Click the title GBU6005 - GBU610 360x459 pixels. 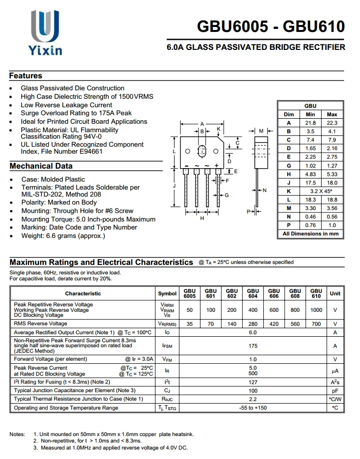click(x=271, y=26)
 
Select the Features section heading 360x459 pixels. click(x=26, y=76)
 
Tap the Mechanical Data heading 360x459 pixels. click(x=41, y=166)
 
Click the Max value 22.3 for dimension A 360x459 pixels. click(x=332, y=123)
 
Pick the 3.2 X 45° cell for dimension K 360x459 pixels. click(x=321, y=191)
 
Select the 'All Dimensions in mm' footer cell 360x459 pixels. click(x=310, y=233)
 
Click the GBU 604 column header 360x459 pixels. click(x=253, y=293)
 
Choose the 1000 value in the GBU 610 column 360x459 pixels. click(x=316, y=310)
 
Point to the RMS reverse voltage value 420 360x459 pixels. click(x=274, y=324)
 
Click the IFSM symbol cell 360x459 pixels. click(x=167, y=345)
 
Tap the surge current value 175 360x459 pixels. click(x=253, y=345)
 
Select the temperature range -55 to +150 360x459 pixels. click(x=253, y=408)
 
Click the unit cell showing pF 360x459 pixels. click(x=335, y=391)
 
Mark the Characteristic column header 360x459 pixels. click(x=83, y=293)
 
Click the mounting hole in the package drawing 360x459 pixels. click(x=202, y=151)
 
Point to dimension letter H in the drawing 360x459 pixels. click(x=202, y=218)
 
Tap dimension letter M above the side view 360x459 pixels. click(x=261, y=131)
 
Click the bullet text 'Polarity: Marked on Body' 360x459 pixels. click(x=59, y=203)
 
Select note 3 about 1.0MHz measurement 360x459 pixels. click(x=110, y=448)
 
